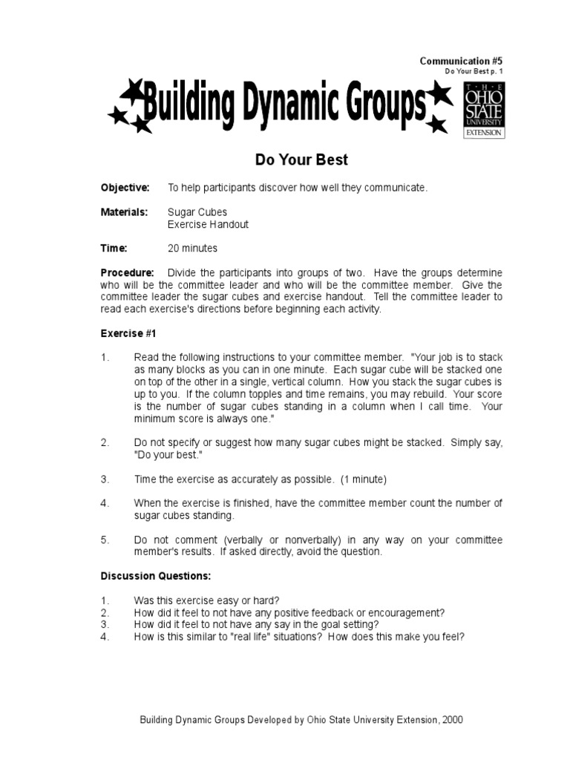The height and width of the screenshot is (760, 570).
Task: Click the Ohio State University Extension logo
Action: coord(483,110)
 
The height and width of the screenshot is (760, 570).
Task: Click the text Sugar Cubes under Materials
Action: coord(197,212)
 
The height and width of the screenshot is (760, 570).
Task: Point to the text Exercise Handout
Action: coord(208,224)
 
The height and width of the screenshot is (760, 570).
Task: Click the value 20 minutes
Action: coord(193,248)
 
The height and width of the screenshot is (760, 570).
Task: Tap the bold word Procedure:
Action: coord(128,272)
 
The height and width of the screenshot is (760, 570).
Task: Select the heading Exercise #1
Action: coord(128,333)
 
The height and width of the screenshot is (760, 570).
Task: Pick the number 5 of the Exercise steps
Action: coord(105,540)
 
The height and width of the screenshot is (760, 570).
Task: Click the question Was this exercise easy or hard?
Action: coord(206,600)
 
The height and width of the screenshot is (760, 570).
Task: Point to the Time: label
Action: coord(114,248)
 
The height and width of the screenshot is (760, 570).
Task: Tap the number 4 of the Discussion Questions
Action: coord(105,636)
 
